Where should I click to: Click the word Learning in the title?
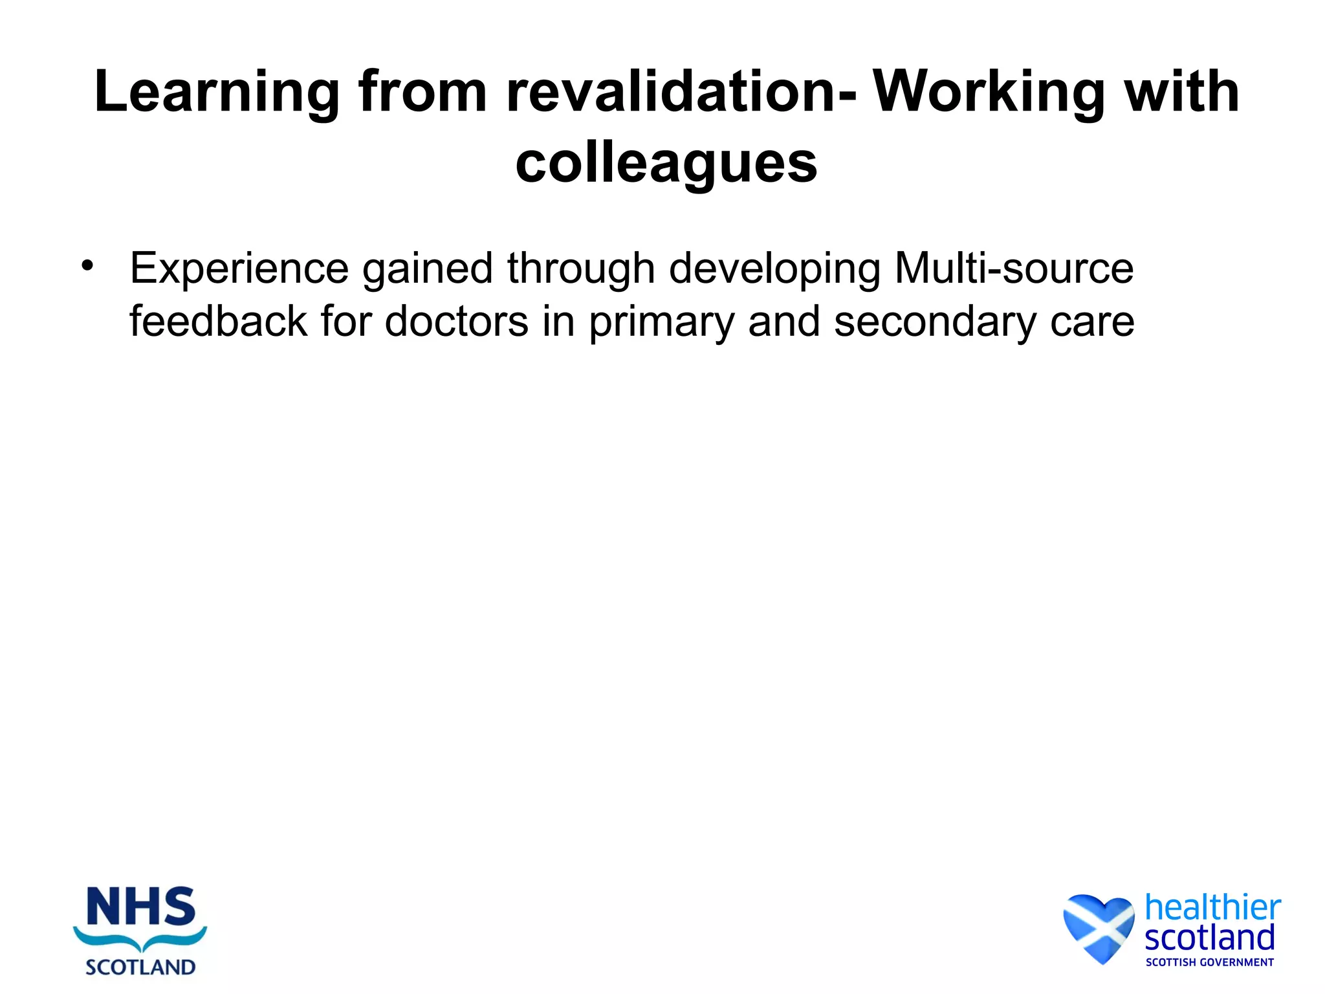click(x=217, y=93)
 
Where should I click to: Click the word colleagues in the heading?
click(x=666, y=164)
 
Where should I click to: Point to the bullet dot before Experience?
click(x=87, y=265)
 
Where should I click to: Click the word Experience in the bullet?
click(x=239, y=269)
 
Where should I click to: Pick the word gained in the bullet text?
click(x=428, y=269)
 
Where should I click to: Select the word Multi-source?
click(x=1014, y=268)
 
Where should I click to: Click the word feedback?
click(x=218, y=321)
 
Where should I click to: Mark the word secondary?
click(x=935, y=322)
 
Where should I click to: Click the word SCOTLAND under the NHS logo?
click(x=140, y=967)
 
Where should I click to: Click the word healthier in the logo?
click(x=1212, y=907)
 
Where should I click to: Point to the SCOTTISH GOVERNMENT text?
click(x=1209, y=962)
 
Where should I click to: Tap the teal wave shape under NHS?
click(x=140, y=939)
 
